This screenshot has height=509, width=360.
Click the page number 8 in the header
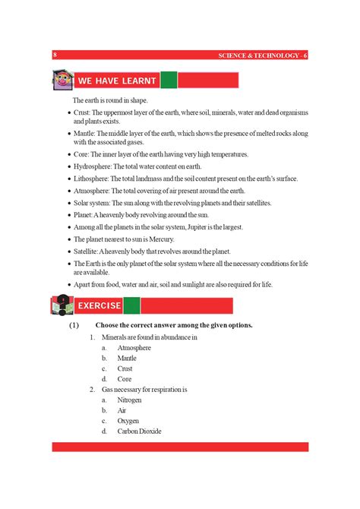[55, 55]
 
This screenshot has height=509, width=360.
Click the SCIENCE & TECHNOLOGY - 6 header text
[262, 55]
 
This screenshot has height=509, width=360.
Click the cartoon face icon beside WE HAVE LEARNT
[62, 79]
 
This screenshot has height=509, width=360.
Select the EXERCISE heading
[99, 305]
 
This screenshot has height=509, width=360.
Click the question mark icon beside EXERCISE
[61, 305]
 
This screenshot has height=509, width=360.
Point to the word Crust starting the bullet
[82, 112]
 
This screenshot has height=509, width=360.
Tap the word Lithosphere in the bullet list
[90, 179]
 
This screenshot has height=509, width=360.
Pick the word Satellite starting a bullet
[87, 251]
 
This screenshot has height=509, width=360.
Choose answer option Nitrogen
[129, 400]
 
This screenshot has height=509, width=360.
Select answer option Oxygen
[128, 420]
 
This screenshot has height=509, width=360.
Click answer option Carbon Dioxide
[139, 431]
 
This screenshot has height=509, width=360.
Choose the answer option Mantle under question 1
[127, 358]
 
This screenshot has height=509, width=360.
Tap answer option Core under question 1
[125, 378]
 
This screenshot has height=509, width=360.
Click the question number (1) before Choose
[74, 325]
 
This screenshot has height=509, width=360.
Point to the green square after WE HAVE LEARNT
[169, 80]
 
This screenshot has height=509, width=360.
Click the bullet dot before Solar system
[68, 204]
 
